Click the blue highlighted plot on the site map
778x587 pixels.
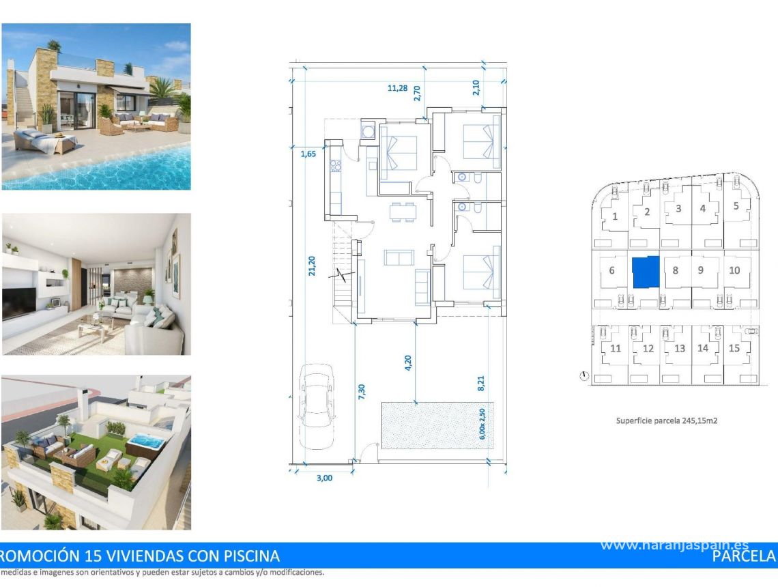(646, 272)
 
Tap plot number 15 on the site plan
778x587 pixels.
(734, 348)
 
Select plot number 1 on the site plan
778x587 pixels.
(615, 217)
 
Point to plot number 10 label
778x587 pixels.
(734, 270)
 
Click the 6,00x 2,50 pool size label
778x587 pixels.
(482, 423)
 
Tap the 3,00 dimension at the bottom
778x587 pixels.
(325, 478)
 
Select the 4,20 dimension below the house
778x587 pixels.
(408, 362)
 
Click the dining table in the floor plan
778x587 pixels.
(402, 212)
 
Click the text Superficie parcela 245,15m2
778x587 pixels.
(666, 421)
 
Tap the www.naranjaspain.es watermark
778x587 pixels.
(674, 545)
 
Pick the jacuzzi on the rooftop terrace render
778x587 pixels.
(144, 442)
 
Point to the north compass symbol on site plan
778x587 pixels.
(584, 375)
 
